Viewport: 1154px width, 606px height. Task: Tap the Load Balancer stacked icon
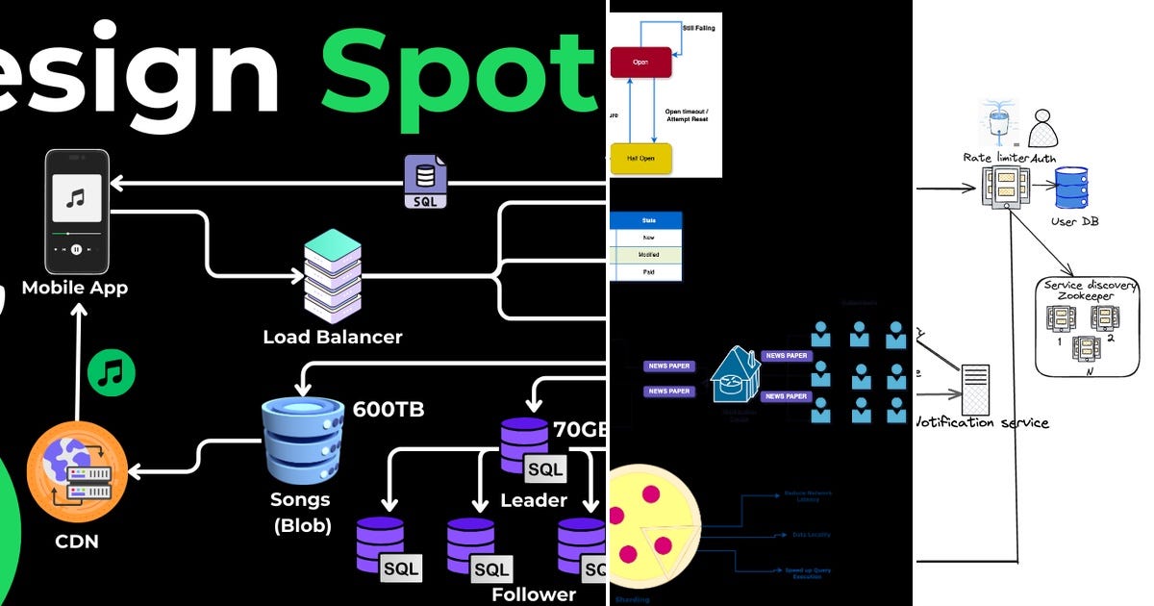pyautogui.click(x=332, y=276)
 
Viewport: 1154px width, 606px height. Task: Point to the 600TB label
pyautogui.click(x=389, y=409)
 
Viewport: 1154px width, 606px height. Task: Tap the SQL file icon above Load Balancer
pyautogui.click(x=424, y=183)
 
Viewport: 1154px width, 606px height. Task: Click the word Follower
pyautogui.click(x=534, y=593)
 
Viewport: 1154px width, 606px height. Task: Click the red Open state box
pyautogui.click(x=640, y=63)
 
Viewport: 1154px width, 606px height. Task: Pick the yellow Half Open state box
pyautogui.click(x=640, y=158)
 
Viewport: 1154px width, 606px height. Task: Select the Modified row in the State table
pyautogui.click(x=648, y=255)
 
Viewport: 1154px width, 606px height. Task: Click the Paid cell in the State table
pyautogui.click(x=648, y=272)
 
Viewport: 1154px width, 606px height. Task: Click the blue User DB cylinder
pyautogui.click(x=1070, y=188)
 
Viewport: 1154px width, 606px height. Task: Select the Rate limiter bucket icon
pyautogui.click(x=997, y=123)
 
